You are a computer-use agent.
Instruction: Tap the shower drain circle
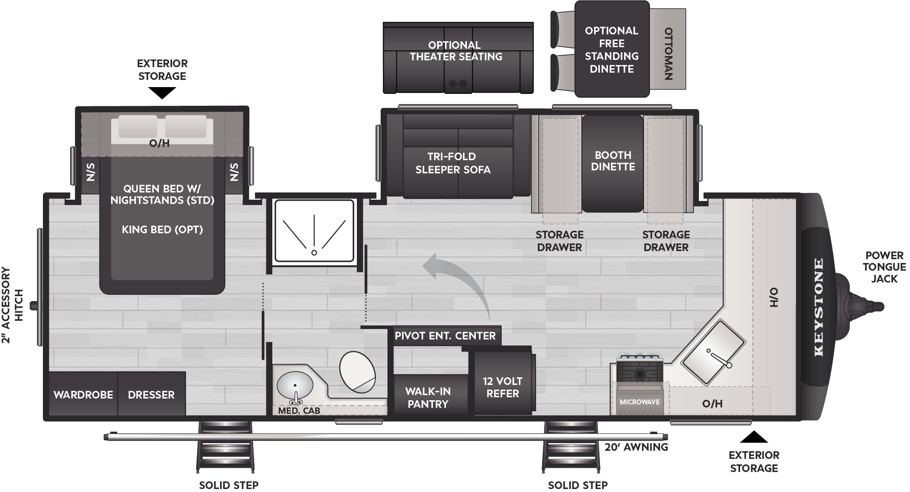pyautogui.click(x=314, y=253)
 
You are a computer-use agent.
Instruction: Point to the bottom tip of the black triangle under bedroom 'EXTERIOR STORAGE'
pyautogui.click(x=162, y=99)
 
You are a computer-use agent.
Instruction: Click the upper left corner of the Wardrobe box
pyautogui.click(x=49, y=372)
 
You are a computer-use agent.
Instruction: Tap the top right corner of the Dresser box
pyautogui.click(x=186, y=372)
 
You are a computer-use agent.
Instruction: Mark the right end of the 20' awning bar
pyautogui.click(x=667, y=436)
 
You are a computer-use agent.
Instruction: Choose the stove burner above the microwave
pyautogui.click(x=639, y=373)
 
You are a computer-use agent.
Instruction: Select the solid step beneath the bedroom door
pyautogui.click(x=226, y=447)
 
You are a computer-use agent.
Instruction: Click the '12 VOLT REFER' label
pyautogui.click(x=503, y=387)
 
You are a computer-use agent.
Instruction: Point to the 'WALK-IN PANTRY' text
pyautogui.click(x=428, y=398)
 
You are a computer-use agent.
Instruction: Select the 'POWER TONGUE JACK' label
pyautogui.click(x=885, y=267)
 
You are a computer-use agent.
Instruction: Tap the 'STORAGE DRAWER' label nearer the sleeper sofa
pyautogui.click(x=560, y=241)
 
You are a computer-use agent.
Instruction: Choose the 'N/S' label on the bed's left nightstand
pyautogui.click(x=90, y=172)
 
